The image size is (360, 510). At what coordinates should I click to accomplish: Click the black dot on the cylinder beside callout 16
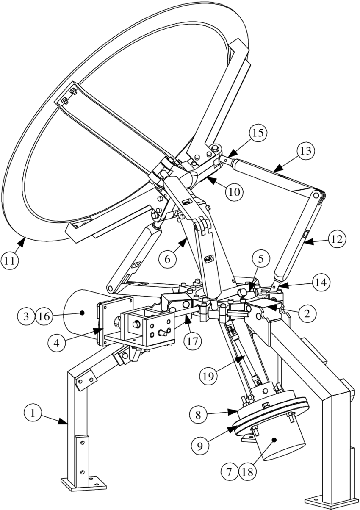click(x=83, y=313)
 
